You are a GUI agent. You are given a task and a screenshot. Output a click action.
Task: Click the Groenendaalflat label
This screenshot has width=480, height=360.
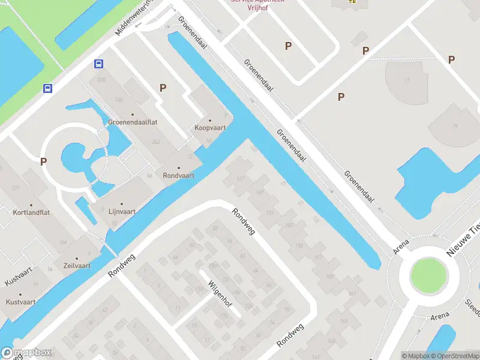pos(133,122)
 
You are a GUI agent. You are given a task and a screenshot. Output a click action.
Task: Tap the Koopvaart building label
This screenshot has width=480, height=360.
pos(209,128)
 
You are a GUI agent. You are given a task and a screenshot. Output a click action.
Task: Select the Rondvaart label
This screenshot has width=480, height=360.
pos(179,176)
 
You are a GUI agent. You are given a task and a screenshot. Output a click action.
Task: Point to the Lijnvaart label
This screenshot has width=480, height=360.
pos(122,211)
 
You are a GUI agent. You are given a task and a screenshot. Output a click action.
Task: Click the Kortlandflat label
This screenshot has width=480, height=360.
pos(32,212)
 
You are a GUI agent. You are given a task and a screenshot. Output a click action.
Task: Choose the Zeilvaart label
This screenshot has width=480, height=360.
pos(76,265)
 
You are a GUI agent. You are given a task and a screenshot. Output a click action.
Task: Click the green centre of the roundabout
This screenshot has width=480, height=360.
pos(428,276)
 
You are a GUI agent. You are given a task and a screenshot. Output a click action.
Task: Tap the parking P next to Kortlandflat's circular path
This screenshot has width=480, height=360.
pos(43,161)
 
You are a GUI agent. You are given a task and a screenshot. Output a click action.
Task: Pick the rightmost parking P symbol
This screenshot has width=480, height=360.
pos(451,59)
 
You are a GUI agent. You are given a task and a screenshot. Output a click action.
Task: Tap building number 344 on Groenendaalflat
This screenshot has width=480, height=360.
pos(157,142)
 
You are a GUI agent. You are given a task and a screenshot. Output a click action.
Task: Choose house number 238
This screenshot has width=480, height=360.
pos(101,79)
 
